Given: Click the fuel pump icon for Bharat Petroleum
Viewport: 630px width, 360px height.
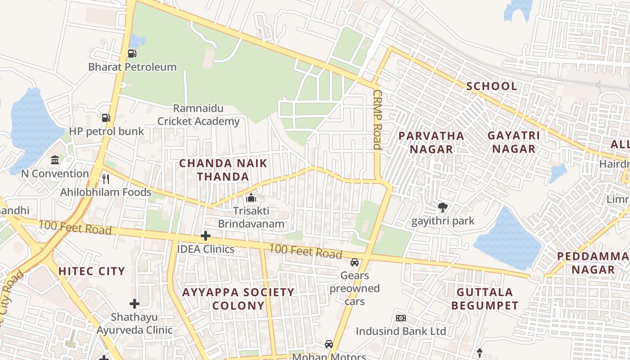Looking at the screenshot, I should (132, 54).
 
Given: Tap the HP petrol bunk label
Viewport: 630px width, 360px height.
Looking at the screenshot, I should (106, 131).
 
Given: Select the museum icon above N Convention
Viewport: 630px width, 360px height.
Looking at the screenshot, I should (55, 160).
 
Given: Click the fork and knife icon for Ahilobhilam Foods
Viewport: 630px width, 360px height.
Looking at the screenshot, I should (106, 179).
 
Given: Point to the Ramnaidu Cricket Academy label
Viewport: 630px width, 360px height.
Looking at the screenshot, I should (198, 115).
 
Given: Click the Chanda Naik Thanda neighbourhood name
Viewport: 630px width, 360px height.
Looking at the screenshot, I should (223, 170).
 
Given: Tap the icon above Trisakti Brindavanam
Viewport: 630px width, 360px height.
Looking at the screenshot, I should (251, 198).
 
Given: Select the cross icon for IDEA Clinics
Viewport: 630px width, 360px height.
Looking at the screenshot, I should (206, 236).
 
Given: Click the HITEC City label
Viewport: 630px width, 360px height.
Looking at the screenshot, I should (91, 271).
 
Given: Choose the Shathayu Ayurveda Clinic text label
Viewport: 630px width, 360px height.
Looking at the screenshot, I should (135, 324).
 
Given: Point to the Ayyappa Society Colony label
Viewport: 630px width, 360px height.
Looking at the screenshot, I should (238, 299).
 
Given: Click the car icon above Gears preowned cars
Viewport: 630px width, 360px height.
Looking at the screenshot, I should (355, 262).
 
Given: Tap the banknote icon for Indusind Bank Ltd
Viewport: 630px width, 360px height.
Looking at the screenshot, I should (401, 318).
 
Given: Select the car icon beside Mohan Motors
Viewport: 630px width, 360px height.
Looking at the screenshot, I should (329, 344).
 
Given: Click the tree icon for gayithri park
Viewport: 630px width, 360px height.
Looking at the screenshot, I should (443, 207).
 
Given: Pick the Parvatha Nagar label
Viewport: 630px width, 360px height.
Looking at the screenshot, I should (431, 142).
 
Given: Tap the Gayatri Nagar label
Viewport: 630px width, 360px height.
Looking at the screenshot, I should (513, 142).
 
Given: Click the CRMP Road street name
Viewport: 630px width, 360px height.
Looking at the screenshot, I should (377, 119).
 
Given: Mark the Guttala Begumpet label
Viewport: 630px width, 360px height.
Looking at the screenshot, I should (485, 299).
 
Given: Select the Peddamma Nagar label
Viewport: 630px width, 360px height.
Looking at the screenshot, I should (593, 263).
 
